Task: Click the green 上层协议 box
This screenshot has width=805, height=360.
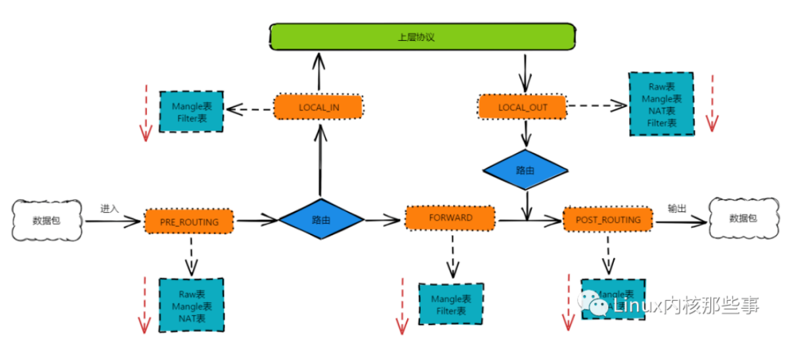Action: tap(423, 37)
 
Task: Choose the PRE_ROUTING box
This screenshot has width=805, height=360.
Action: tap(189, 221)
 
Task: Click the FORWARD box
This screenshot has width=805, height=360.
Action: tap(449, 217)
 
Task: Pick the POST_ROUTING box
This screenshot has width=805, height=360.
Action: tap(607, 219)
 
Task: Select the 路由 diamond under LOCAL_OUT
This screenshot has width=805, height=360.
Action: tap(525, 170)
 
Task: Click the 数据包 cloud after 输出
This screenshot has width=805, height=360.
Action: tap(743, 218)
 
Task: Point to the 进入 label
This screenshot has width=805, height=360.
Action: tap(110, 208)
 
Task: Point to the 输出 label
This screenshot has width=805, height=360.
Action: tap(677, 208)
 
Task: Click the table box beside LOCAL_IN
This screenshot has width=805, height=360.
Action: tap(191, 112)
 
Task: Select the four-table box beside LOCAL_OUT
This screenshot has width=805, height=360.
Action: tap(661, 104)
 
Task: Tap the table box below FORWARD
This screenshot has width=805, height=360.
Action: tap(451, 304)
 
